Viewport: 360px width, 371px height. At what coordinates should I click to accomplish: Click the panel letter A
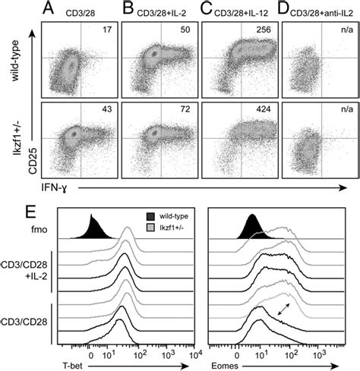click(49, 10)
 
